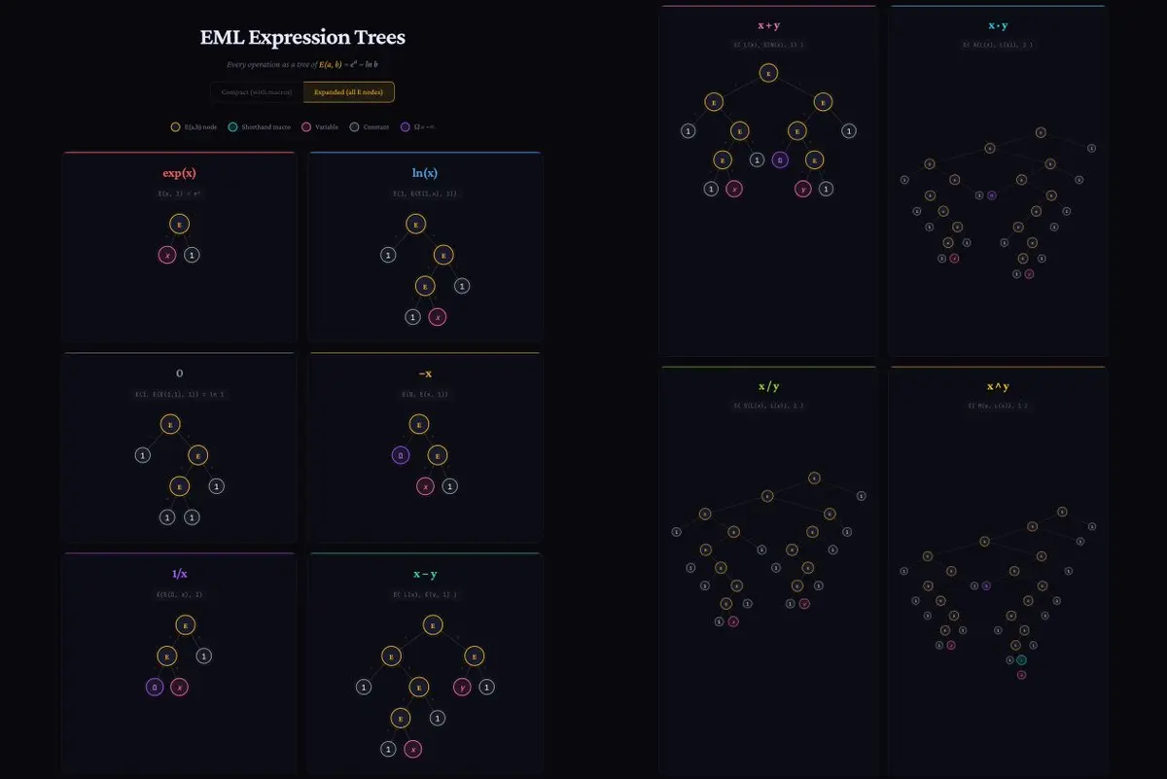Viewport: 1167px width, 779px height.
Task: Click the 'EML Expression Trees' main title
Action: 302,38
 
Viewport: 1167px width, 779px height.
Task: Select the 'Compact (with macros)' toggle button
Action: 257,91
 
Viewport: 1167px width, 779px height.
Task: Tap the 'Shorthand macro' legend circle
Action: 232,126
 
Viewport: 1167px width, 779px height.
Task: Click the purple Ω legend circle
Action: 404,126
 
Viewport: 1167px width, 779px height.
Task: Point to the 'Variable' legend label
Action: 327,126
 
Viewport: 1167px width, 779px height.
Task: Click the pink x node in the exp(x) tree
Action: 167,255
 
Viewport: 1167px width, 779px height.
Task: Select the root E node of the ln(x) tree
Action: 415,224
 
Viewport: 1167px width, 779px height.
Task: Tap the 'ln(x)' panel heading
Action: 424,173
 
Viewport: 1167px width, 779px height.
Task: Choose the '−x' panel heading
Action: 424,373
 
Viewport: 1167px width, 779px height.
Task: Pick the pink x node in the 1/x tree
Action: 179,687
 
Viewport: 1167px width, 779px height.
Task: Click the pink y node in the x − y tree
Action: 463,687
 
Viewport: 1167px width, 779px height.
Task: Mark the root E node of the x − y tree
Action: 433,624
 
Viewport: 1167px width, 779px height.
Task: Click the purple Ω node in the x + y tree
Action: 779,159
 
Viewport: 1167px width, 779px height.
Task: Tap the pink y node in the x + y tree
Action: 804,189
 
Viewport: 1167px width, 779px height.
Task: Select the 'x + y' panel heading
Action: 768,25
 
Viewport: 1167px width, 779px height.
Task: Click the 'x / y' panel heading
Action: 768,386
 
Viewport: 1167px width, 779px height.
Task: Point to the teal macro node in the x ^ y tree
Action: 1021,659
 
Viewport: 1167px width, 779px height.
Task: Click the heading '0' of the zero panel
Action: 179,373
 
